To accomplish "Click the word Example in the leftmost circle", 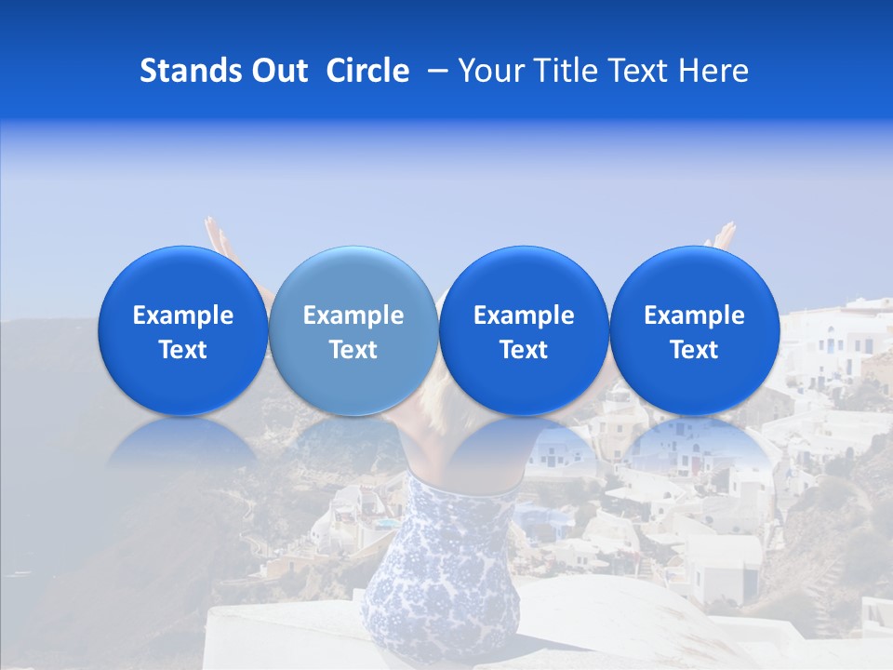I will (183, 315).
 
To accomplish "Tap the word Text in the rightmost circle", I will (694, 350).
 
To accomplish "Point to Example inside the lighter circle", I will (353, 315).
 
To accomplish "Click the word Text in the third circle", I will (524, 350).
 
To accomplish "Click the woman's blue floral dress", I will (442, 568).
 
